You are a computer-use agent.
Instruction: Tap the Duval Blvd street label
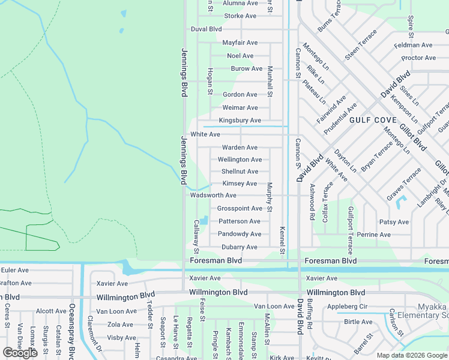click(x=206, y=29)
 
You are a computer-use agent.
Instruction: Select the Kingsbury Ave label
click(x=240, y=121)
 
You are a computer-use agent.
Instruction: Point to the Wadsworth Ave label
click(x=213, y=196)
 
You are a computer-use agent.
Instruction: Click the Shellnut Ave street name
click(x=240, y=172)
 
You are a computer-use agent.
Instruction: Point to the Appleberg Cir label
click(x=364, y=307)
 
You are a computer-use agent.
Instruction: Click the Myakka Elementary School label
click(x=427, y=311)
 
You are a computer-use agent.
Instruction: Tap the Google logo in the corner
click(x=20, y=353)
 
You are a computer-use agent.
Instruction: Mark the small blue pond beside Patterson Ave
click(x=204, y=220)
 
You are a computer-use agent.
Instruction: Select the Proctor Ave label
click(x=418, y=58)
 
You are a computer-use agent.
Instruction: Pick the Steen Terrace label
click(x=361, y=44)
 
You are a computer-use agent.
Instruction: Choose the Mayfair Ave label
click(x=240, y=43)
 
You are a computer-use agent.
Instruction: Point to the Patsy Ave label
click(x=394, y=222)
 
